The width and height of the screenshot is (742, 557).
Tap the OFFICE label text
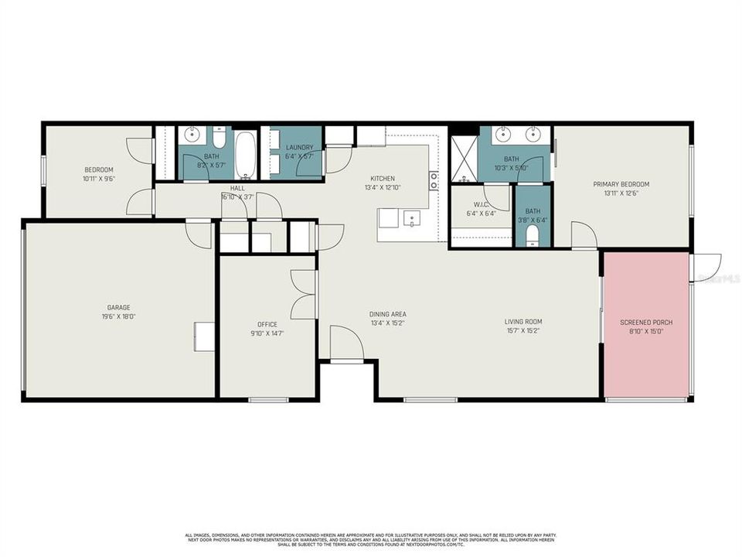tap(267, 324)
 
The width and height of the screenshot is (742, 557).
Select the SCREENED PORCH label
tap(646, 322)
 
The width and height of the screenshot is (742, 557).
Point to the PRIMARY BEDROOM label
tap(621, 184)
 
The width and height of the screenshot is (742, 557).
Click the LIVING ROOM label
tap(523, 322)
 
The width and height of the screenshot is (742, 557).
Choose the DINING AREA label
tap(387, 313)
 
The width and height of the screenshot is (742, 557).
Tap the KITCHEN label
tap(383, 178)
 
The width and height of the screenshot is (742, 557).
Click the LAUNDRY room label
tap(299, 148)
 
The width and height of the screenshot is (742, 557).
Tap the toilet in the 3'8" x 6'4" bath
tap(533, 235)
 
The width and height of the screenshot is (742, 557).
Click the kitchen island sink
tap(410, 218)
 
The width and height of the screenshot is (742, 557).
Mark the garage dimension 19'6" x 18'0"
tap(118, 316)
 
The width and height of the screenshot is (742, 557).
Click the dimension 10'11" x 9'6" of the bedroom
tap(99, 179)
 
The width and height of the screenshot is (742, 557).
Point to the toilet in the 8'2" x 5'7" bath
tap(220, 138)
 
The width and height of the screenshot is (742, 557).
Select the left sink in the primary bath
tap(503, 133)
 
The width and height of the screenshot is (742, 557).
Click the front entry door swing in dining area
tap(345, 342)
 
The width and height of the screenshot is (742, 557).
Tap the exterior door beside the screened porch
tap(706, 268)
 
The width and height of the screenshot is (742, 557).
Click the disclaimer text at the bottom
tap(371, 539)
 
